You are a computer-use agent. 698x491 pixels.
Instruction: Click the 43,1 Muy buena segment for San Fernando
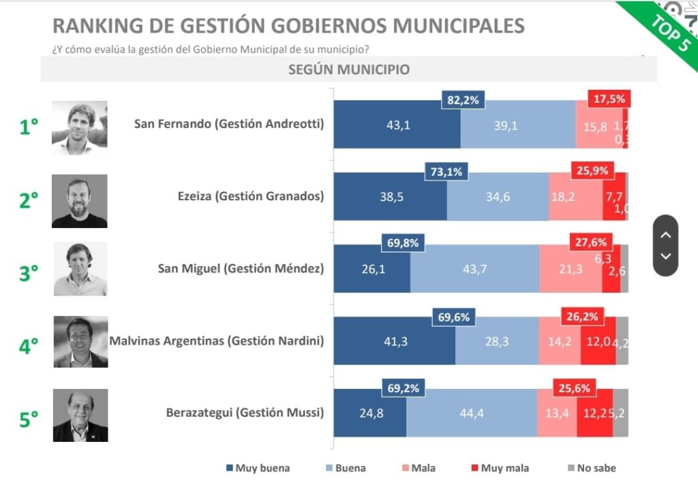[x=397, y=125]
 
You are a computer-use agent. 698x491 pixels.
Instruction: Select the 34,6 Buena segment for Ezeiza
[x=498, y=197]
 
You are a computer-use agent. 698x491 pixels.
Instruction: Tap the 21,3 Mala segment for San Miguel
[x=570, y=270]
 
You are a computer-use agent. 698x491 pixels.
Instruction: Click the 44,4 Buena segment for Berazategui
[x=471, y=413]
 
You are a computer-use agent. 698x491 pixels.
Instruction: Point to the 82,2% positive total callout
[x=463, y=100]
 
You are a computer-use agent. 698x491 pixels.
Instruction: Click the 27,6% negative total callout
[x=591, y=242]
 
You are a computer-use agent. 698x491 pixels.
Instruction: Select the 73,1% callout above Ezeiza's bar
[x=446, y=172]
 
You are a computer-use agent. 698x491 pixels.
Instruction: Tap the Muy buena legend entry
[x=257, y=468]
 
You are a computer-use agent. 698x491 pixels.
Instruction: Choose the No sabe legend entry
[x=591, y=468]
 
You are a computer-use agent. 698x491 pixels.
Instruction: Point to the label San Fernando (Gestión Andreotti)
[x=228, y=124]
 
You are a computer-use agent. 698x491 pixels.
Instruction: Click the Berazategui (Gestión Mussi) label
[x=245, y=413]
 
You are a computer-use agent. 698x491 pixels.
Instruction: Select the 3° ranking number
[x=29, y=272]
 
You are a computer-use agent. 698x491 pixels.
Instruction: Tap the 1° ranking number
[x=29, y=127]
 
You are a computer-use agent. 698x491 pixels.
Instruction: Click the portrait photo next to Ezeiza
[x=79, y=201]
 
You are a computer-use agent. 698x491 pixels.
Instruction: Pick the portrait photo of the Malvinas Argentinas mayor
[x=80, y=342]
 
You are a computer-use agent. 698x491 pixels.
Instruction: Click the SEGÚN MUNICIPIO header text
[x=348, y=69]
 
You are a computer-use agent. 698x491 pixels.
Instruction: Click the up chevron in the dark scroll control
[x=666, y=235]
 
